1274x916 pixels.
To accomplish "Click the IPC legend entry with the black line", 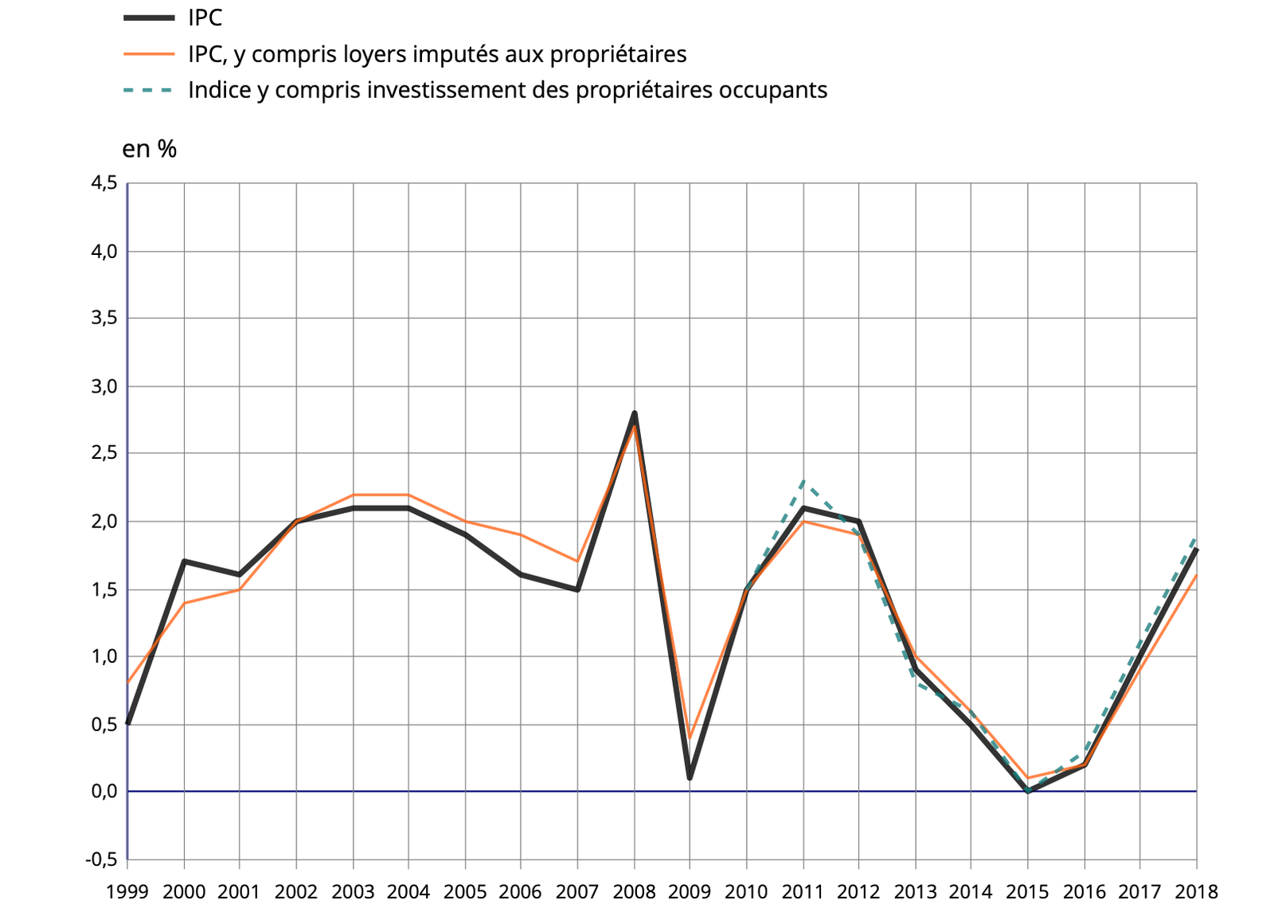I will (x=205, y=18).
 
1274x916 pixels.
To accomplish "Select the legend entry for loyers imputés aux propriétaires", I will (x=436, y=54).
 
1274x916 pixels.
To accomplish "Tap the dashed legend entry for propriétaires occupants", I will (x=507, y=90).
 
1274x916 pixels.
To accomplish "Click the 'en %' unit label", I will (x=149, y=149).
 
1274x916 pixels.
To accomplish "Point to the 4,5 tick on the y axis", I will (x=104, y=183).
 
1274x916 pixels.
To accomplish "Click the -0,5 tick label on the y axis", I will (x=102, y=859).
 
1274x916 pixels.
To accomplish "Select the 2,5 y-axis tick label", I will (x=104, y=453).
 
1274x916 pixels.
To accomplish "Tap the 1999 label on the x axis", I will (x=127, y=891).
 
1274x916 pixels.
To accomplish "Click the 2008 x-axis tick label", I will (x=634, y=891).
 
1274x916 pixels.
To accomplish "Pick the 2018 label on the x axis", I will (x=1196, y=891).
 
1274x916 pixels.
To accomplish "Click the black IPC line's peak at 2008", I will (x=635, y=413).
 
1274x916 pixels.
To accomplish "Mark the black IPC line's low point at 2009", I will (x=690, y=778).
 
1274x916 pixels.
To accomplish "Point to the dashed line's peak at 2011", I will (x=803, y=480).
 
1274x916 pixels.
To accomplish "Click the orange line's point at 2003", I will (x=353, y=495).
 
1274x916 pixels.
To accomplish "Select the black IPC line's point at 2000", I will (x=184, y=561).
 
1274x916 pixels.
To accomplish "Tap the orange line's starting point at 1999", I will (x=128, y=683).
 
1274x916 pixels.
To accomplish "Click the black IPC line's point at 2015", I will (x=1028, y=791).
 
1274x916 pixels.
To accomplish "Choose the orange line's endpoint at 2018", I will (x=1196, y=575).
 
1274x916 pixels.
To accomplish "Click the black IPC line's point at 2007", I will (x=577, y=589).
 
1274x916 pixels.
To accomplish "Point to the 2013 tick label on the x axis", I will (x=915, y=891).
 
